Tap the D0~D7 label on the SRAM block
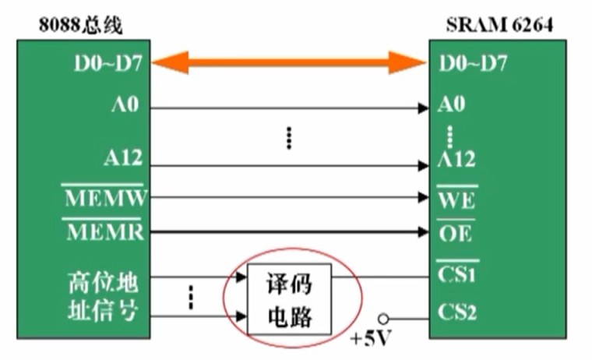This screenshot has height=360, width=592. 472,62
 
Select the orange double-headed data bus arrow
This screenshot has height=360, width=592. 288,62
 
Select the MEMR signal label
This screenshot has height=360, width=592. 105,232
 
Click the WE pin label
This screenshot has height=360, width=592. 456,199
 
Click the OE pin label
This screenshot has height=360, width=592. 456,233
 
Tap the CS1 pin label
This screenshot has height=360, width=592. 458,275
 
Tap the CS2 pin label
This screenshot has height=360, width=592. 458,313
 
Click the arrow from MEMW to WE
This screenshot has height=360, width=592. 288,197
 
